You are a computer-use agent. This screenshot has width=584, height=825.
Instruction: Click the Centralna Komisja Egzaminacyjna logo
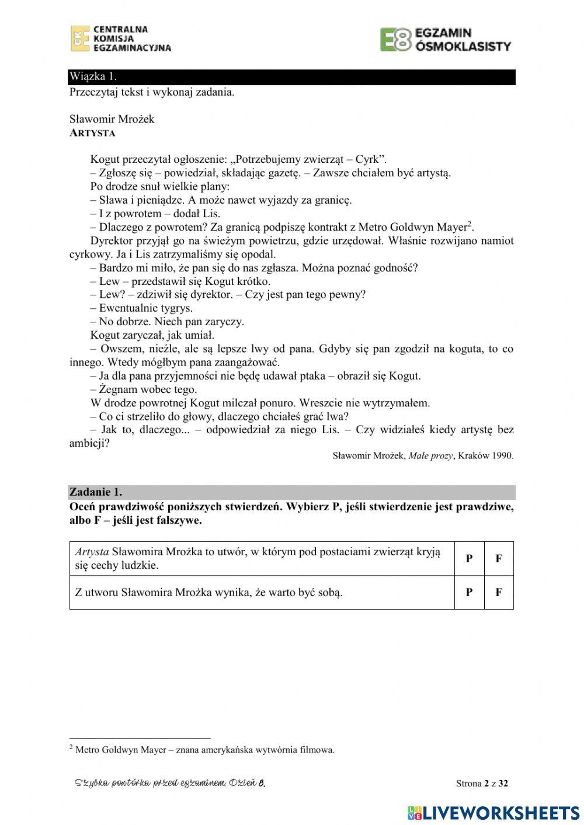tap(121, 39)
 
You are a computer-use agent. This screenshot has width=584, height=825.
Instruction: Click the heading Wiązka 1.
tap(93, 76)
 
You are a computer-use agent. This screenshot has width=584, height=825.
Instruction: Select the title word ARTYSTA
tap(92, 133)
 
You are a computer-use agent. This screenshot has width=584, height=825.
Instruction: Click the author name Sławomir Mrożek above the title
tap(112, 119)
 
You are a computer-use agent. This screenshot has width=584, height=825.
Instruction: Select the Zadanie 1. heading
tap(96, 492)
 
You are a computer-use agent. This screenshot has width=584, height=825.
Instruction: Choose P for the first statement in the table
tap(469, 558)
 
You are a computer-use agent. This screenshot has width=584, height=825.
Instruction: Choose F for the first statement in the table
tap(499, 558)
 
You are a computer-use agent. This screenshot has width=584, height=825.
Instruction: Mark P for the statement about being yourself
tap(469, 592)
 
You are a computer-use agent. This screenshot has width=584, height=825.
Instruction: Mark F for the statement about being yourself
tap(499, 592)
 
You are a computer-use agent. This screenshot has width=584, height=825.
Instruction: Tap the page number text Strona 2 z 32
tap(482, 784)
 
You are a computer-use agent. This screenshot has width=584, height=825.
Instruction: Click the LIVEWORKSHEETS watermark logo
tap(493, 813)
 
